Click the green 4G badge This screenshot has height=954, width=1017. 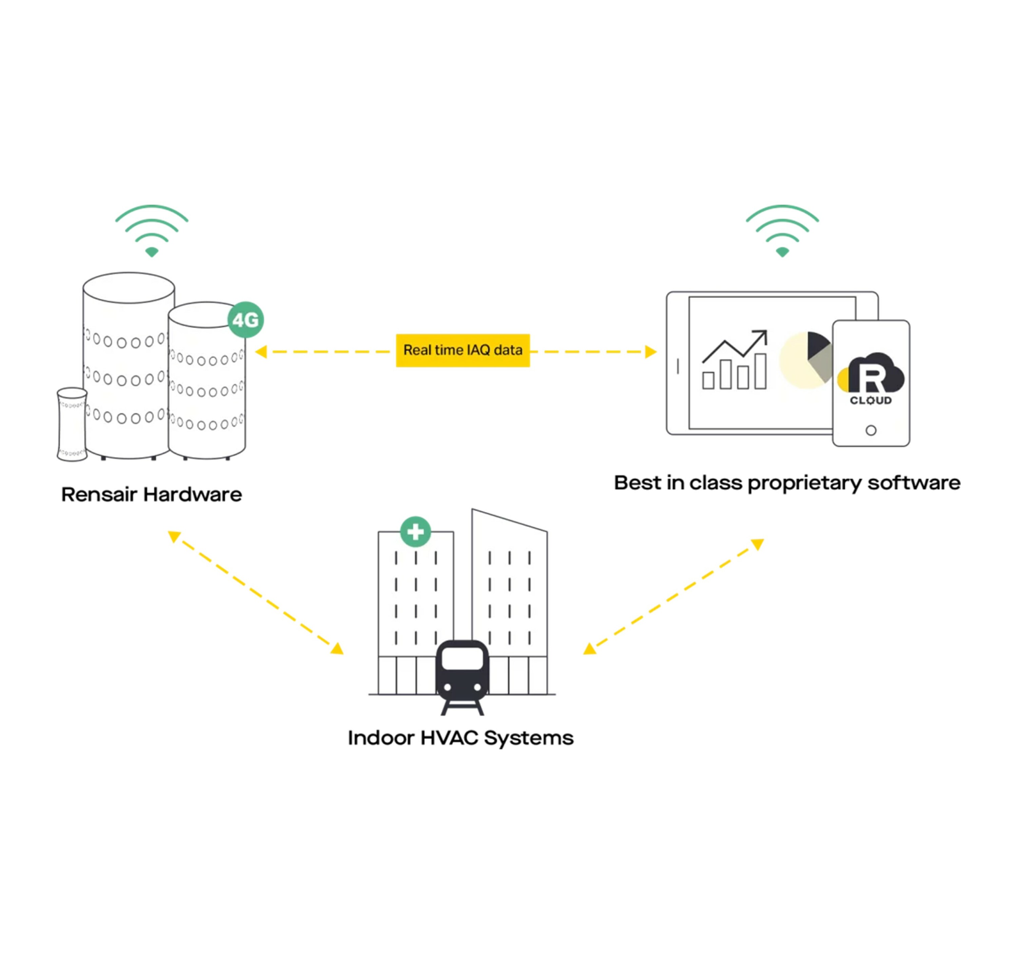coord(245,320)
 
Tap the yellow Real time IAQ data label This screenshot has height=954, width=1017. coord(462,351)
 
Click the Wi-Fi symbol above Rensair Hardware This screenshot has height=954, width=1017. coord(152,230)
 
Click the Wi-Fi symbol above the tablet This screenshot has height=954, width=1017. coord(782,230)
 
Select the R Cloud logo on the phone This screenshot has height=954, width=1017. coord(871,378)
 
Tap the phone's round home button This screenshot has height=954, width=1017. coord(871,430)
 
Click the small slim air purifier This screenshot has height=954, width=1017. coord(72,424)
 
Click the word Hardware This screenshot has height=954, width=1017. coord(192,495)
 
